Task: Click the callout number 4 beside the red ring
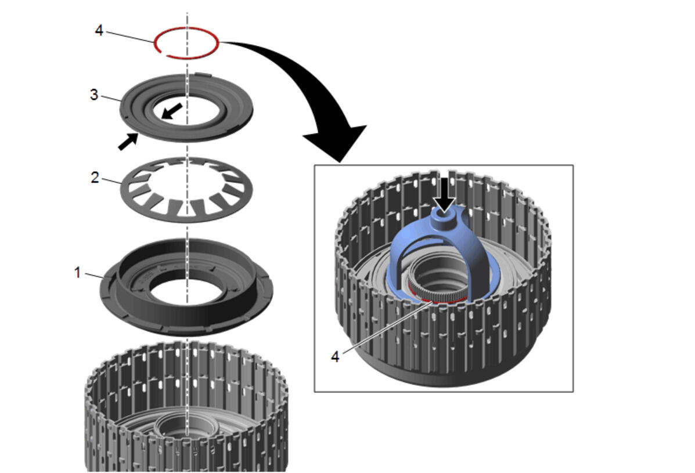(99, 30)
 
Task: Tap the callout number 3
(94, 95)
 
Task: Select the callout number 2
(95, 178)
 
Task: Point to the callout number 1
(78, 273)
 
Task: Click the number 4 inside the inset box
(335, 356)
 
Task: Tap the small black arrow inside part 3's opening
(171, 111)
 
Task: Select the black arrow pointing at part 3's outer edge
(128, 141)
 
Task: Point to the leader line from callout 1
(95, 276)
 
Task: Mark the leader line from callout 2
(112, 180)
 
